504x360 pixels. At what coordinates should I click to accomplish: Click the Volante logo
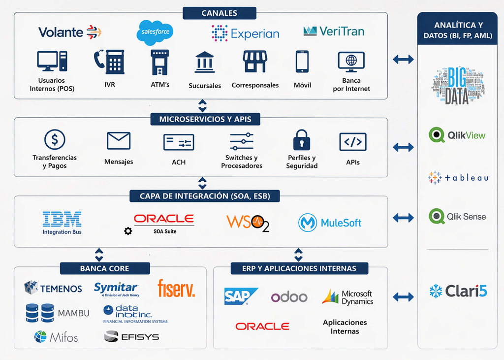tap(70, 33)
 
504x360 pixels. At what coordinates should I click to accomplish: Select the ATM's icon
tap(159, 62)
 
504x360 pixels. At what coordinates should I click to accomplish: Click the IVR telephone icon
tap(109, 62)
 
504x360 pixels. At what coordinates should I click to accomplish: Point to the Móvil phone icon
tap(302, 62)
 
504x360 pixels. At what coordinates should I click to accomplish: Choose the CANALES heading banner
tap(219, 13)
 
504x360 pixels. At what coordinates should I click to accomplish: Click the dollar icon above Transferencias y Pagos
tap(55, 140)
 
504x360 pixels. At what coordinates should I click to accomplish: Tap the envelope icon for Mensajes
tap(119, 141)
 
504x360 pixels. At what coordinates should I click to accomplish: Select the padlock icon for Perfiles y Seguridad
tap(302, 140)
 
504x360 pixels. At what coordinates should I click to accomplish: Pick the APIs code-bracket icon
tap(353, 142)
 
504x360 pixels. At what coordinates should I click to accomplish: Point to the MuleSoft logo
tap(330, 223)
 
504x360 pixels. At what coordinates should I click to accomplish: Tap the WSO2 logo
tap(248, 223)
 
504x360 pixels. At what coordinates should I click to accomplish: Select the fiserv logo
tap(176, 288)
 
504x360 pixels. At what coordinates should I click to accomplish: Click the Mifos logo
tap(56, 337)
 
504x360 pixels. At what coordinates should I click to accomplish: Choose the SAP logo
tap(241, 296)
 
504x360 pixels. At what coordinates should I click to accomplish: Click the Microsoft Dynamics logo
tap(348, 297)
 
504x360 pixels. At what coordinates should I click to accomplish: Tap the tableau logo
tap(458, 178)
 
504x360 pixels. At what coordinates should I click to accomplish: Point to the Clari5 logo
tap(458, 291)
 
